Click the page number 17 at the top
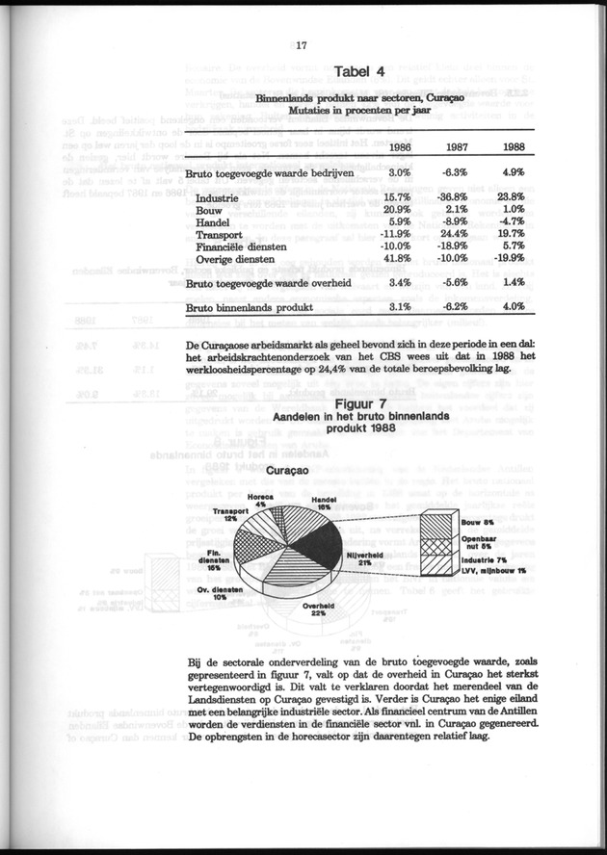coord(302,43)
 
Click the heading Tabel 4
coord(358,71)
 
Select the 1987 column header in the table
coord(456,146)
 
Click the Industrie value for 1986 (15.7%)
coord(397,197)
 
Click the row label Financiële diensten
coord(239,246)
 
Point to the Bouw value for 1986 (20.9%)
coord(397,210)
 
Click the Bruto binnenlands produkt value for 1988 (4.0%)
coord(512,307)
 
